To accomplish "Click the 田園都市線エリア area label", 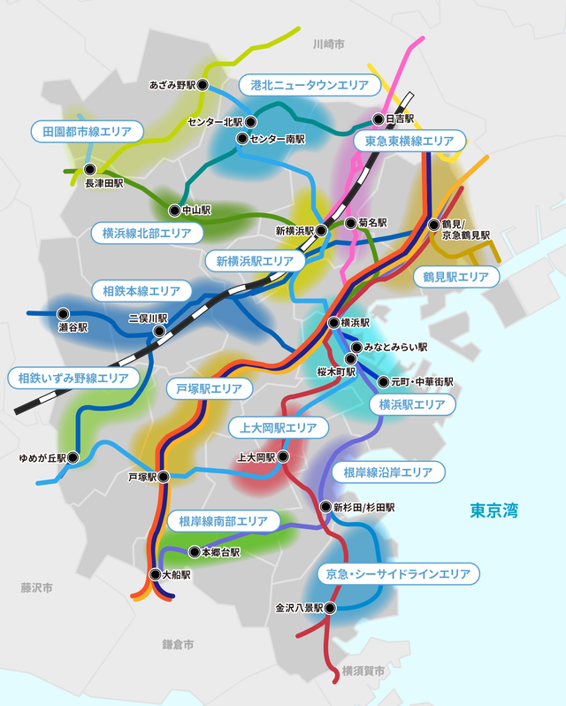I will click(x=88, y=132).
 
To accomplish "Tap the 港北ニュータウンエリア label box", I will click(x=310, y=85).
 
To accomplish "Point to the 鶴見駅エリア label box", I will click(x=455, y=277).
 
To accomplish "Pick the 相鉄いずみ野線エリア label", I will click(x=74, y=378).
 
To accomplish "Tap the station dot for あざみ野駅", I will click(x=203, y=85).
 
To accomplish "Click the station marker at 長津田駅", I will click(x=88, y=169).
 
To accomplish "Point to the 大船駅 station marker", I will click(x=155, y=573).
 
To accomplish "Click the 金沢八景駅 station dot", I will click(x=331, y=608).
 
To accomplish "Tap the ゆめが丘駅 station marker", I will click(x=73, y=457).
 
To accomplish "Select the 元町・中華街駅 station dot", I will click(x=382, y=382).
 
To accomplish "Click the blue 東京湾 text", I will click(x=493, y=510).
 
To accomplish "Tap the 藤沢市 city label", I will click(x=37, y=587).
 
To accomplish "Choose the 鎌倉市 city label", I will click(x=178, y=645).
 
